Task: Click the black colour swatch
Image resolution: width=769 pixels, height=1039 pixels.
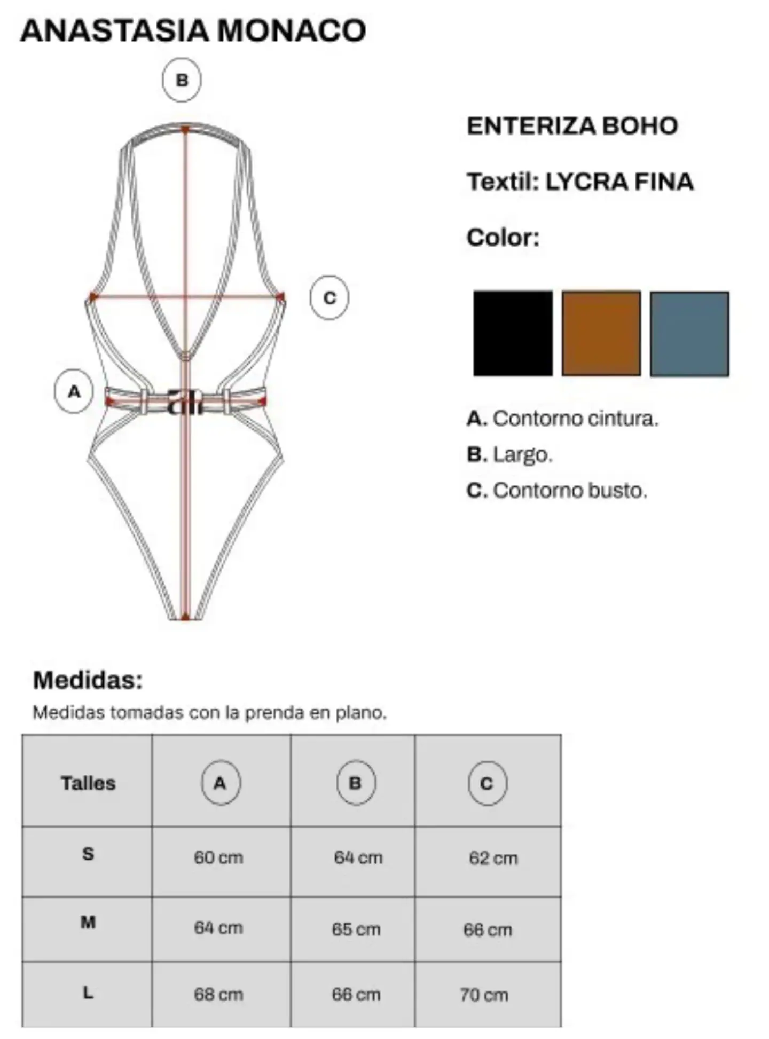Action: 513,333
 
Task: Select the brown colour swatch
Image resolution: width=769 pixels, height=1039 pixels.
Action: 601,333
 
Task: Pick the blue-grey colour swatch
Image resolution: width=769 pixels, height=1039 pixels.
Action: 689,334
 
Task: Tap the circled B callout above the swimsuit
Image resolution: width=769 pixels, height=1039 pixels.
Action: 182,80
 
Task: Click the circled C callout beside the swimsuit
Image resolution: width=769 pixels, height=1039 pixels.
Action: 329,297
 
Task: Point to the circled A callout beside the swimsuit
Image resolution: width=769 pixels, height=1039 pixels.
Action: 74,391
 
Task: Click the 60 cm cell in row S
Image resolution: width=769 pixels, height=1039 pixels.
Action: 218,857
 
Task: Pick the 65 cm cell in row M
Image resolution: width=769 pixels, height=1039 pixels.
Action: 356,929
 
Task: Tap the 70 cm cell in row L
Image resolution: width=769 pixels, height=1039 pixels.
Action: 484,995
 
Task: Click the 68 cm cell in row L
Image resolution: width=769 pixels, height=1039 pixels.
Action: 218,994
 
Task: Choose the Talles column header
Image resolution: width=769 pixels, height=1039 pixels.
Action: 88,783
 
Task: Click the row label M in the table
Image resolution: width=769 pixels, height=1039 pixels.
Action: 88,922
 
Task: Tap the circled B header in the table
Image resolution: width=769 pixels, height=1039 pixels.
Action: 356,783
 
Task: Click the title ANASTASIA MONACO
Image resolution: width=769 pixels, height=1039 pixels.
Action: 193,30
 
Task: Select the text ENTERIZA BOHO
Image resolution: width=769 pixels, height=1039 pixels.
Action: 572,126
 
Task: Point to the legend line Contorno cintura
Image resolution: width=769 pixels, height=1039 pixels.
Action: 562,419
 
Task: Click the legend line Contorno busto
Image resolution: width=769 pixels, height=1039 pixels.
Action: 556,491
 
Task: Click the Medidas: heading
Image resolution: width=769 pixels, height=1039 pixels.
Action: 88,680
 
